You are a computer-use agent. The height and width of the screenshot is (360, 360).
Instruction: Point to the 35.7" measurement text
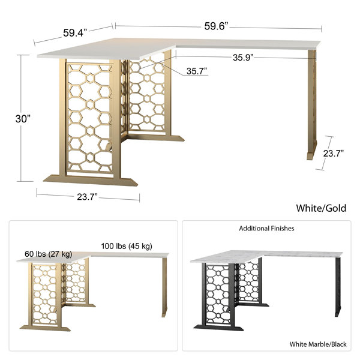[196, 71]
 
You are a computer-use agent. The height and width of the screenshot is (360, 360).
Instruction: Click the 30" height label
[22, 119]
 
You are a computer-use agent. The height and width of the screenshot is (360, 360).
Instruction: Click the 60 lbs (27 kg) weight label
[48, 254]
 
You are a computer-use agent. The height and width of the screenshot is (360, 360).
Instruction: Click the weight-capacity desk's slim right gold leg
[163, 287]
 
